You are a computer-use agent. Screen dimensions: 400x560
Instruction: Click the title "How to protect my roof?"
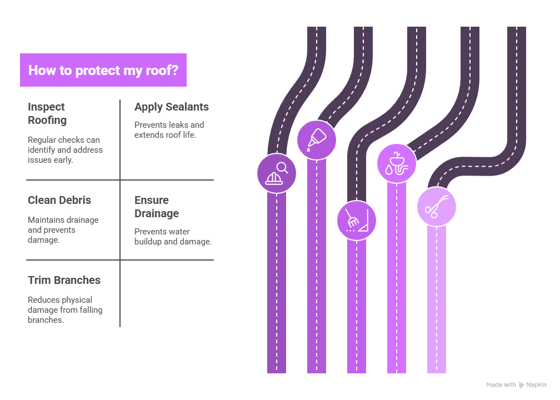pos(103,71)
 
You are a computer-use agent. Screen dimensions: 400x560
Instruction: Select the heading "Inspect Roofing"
pos(47,113)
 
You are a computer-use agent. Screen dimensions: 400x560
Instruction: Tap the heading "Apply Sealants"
pos(172,107)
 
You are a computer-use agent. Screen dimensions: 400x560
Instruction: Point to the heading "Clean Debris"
pos(59,200)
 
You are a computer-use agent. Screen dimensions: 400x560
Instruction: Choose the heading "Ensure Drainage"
pos(157,207)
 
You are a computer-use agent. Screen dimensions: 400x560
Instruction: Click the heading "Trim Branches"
pos(64,280)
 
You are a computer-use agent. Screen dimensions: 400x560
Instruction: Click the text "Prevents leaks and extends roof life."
pos(169,129)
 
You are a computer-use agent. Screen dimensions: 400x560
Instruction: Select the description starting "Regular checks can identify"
pos(65,149)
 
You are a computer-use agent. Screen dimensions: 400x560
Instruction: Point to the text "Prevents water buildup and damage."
pos(173,236)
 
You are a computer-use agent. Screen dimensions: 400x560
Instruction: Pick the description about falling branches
pos(65,309)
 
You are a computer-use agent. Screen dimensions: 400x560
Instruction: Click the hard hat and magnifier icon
pos(277,173)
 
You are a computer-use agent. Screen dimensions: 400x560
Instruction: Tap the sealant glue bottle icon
pos(317,139)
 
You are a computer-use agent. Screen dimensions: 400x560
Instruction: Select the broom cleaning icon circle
pos(357,221)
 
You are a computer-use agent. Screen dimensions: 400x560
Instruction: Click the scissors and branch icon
pos(437,206)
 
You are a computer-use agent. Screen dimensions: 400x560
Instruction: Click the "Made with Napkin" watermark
pos(516,384)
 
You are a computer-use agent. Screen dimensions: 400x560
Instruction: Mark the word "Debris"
pos(75,200)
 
